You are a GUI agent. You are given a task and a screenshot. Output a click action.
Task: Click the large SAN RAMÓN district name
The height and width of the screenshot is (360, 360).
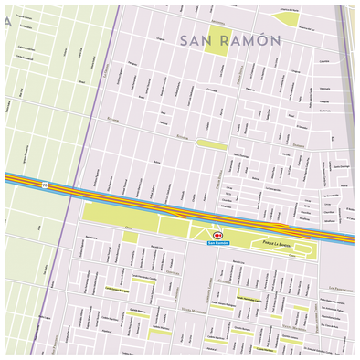[x=230, y=41]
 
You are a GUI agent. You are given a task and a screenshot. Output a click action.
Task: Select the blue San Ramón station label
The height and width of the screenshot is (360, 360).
[x=218, y=243]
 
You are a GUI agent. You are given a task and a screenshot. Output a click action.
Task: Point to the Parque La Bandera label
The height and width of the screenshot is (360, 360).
[x=271, y=242]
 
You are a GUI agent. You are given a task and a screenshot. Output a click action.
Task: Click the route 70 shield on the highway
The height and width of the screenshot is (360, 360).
[x=45, y=185]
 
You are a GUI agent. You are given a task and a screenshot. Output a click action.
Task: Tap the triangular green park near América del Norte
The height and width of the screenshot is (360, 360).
[x=287, y=19]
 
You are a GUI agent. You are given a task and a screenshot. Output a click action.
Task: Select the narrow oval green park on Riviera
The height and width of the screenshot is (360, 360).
[x=212, y=144]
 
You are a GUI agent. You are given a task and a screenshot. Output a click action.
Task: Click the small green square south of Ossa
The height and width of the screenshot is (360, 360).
[x=130, y=238]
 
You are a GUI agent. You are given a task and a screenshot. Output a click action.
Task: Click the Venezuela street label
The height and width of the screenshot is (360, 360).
[x=325, y=88]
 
